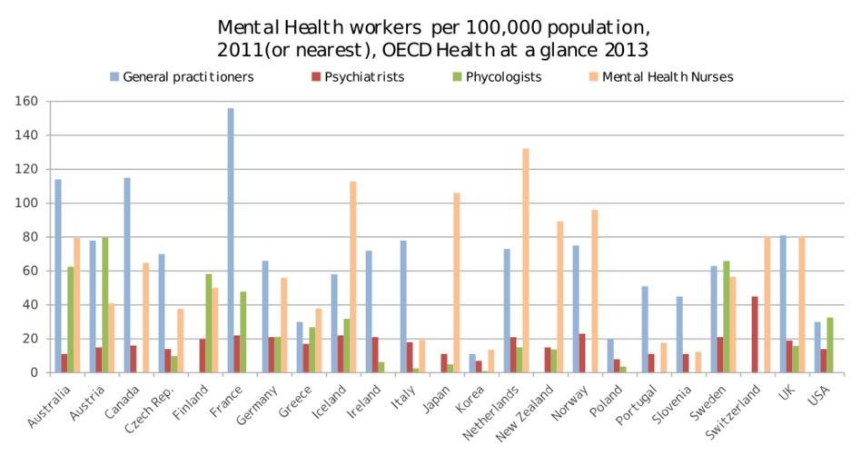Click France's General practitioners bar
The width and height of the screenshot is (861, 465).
pos(231,241)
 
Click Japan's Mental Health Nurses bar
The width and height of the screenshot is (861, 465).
pos(456,282)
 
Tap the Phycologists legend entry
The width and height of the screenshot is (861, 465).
pos(502,77)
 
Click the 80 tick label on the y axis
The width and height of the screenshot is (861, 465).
pos(30,237)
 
